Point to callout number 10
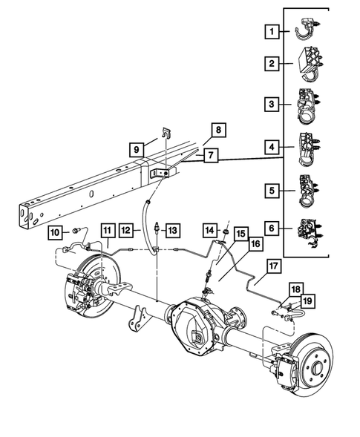pyautogui.click(x=55, y=233)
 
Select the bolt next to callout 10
pyautogui.click(x=76, y=231)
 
